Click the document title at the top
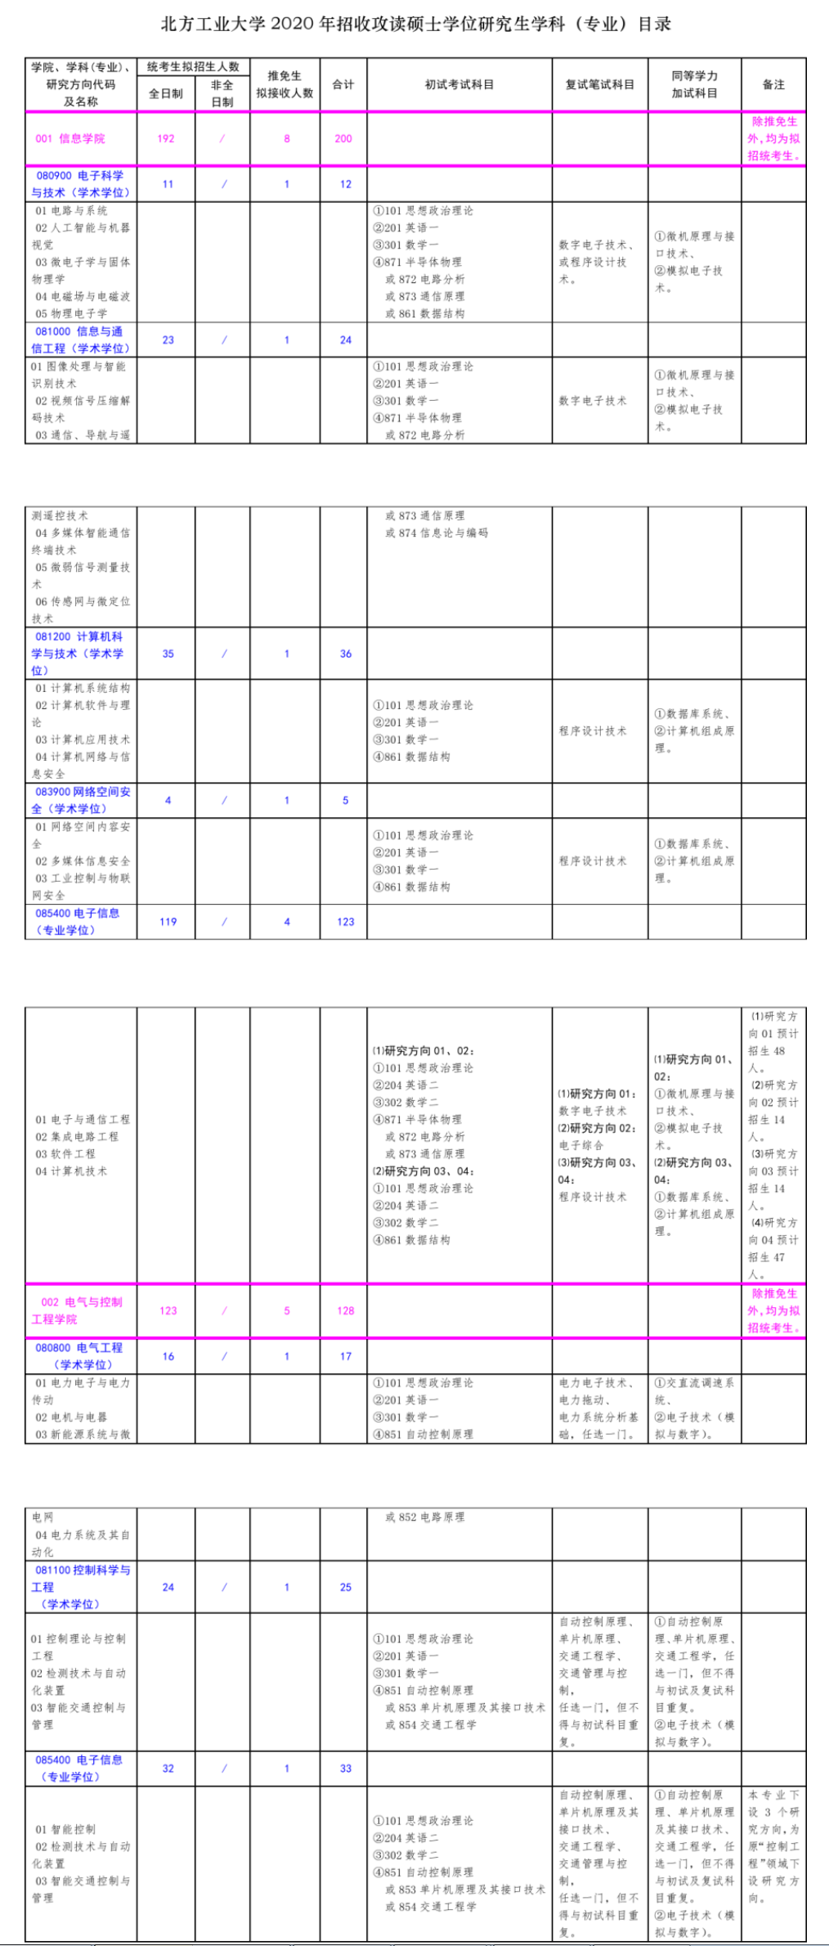[415, 25]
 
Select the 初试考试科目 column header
[459, 84]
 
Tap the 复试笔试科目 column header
[600, 84]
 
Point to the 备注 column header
[773, 84]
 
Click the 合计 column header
[343, 84]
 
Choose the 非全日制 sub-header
[222, 93]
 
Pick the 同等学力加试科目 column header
[695, 84]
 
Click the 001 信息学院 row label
[70, 139]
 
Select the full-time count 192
[166, 139]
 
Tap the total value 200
[343, 139]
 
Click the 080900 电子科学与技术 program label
[80, 184]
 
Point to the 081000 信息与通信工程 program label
[80, 340]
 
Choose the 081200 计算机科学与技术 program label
[78, 654]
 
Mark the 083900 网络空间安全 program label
[82, 800]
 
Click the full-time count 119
[168, 922]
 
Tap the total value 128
[346, 1310]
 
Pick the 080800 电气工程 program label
[80, 1356]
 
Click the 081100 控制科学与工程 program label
[81, 1587]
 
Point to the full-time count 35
[168, 654]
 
